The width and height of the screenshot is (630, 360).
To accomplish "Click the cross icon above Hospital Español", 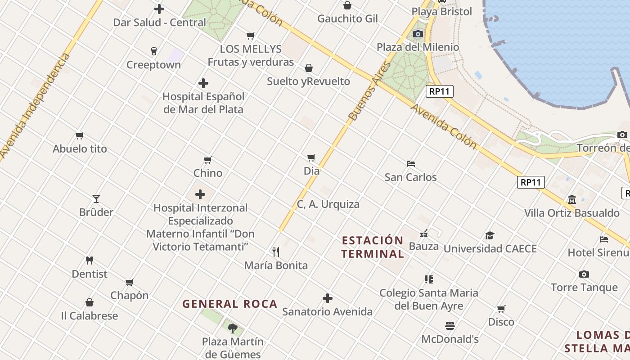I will click(x=203, y=83).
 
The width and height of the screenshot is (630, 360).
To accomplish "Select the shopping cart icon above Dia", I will click(x=311, y=157).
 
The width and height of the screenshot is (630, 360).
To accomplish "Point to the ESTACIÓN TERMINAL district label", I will click(x=372, y=247).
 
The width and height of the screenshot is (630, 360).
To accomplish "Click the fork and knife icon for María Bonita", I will click(x=276, y=252).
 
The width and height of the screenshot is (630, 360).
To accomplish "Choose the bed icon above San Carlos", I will click(x=410, y=164).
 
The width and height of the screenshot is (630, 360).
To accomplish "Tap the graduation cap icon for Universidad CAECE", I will click(x=490, y=235).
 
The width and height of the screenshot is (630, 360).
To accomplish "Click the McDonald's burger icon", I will click(x=450, y=325).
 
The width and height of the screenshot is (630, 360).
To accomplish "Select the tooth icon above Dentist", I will click(x=89, y=260).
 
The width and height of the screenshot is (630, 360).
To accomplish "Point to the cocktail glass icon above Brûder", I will click(x=96, y=198).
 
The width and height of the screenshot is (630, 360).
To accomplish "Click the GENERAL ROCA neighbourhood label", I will click(x=229, y=304).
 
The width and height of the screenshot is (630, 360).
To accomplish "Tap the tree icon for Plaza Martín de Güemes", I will click(x=232, y=328).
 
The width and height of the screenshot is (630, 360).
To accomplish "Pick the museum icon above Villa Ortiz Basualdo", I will click(x=571, y=199).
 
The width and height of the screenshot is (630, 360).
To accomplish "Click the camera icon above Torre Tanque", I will click(x=584, y=274).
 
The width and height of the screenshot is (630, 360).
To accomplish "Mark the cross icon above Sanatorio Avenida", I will click(x=328, y=298).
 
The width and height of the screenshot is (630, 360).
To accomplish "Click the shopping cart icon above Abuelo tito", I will click(x=80, y=135).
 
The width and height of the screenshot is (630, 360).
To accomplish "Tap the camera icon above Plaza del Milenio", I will click(x=418, y=34).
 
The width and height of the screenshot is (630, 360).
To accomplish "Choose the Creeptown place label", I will click(x=153, y=65).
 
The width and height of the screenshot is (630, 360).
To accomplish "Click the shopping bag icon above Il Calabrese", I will click(x=90, y=302).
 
